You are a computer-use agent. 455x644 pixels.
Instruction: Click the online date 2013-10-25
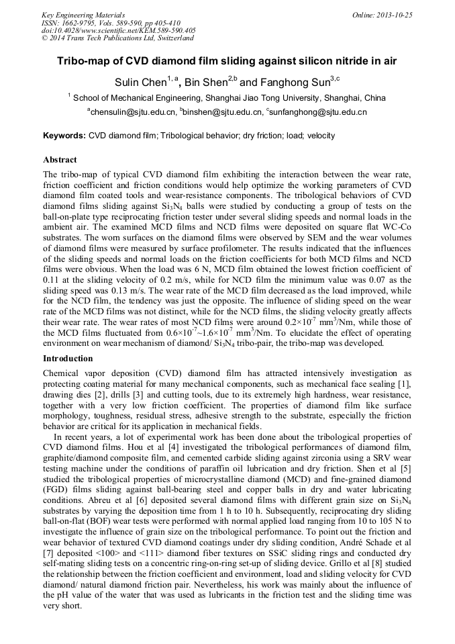click(x=392, y=14)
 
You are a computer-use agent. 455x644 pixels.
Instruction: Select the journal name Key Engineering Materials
click(x=83, y=14)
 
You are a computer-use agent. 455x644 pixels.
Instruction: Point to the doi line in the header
click(x=118, y=30)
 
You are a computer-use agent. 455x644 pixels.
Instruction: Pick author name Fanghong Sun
click(x=292, y=83)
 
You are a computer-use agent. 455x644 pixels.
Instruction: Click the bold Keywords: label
click(x=64, y=136)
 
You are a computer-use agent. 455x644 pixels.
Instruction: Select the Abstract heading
click(x=60, y=160)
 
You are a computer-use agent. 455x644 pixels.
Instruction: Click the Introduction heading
click(x=68, y=358)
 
